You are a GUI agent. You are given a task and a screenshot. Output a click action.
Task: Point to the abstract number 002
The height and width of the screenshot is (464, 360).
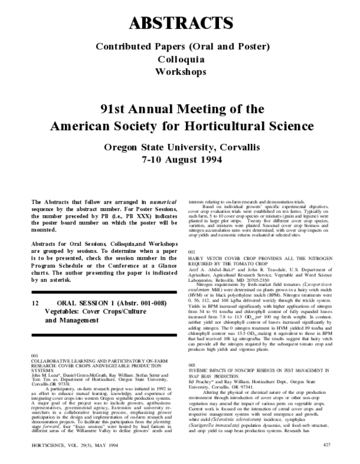(x=192, y=252)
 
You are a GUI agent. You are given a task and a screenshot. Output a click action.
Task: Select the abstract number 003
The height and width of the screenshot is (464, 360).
(x=192, y=364)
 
